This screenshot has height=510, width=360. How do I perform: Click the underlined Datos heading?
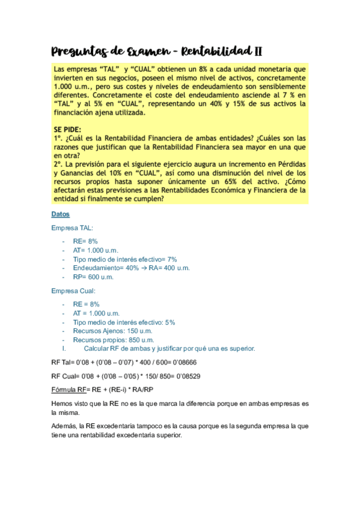[x=60, y=214]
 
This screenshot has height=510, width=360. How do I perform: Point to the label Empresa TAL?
[x=72, y=228]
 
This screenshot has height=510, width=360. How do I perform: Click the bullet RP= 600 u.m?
[x=93, y=277]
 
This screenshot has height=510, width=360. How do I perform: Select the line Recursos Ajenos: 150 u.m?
[x=112, y=331]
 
